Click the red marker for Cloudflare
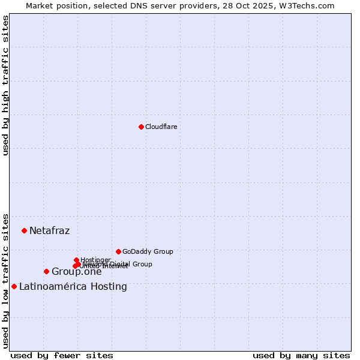tap(141, 127)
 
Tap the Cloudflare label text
tap(161, 127)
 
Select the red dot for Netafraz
tap(25, 230)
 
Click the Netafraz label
tap(49, 231)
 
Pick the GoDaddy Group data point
tap(118, 251)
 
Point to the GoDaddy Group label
tap(148, 251)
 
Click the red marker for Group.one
tap(46, 272)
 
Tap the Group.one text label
tap(76, 272)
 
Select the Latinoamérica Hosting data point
tap(14, 286)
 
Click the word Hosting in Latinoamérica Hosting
tap(109, 287)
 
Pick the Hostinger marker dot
tap(77, 260)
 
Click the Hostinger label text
tap(95, 260)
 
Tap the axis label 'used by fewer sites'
tap(62, 355)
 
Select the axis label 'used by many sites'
tap(301, 355)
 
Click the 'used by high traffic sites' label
tap(5, 85)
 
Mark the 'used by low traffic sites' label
tap(5, 280)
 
